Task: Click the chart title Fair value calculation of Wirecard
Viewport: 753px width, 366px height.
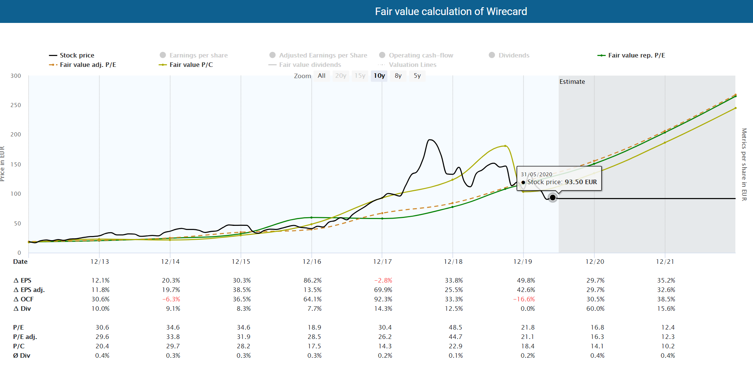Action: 451,11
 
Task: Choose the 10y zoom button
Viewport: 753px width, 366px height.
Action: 379,76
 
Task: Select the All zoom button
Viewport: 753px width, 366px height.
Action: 321,76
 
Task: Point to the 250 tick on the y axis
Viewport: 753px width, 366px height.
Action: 16,105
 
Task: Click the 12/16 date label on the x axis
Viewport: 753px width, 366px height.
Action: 311,262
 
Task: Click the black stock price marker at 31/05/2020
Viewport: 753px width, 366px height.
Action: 552,197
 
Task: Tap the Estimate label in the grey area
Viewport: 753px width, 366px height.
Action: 572,82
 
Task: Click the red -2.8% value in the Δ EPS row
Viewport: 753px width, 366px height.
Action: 383,280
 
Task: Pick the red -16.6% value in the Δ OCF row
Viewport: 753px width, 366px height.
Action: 524,299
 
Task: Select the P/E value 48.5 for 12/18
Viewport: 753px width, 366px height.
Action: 455,327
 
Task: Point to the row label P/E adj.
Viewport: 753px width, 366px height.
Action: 25,337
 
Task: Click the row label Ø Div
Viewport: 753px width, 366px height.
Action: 21,355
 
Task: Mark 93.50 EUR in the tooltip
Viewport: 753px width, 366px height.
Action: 581,182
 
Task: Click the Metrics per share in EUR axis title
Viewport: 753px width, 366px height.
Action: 744,164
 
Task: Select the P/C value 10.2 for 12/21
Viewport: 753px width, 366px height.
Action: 667,346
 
